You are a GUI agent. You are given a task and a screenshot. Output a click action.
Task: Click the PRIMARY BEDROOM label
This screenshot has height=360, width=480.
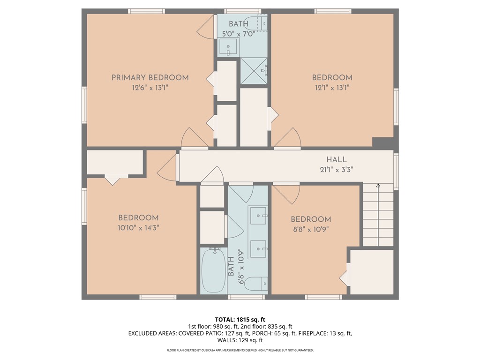(x=150, y=77)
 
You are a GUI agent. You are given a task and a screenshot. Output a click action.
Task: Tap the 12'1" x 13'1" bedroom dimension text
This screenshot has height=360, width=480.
(x=332, y=87)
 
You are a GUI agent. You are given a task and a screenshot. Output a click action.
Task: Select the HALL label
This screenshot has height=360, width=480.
(x=337, y=160)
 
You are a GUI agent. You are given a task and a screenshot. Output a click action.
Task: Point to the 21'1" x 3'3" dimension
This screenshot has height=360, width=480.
(x=337, y=169)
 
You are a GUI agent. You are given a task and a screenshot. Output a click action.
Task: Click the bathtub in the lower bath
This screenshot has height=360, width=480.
(x=214, y=271)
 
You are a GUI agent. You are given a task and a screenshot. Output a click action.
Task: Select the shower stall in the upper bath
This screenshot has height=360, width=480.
(x=254, y=71)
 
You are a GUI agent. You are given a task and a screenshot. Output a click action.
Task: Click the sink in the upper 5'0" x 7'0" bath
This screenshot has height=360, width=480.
(x=229, y=47)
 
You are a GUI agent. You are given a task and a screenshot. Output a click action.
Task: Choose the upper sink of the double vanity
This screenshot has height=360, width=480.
(x=257, y=216)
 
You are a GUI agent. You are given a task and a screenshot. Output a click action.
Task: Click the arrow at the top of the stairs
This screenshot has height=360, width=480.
(x=378, y=187)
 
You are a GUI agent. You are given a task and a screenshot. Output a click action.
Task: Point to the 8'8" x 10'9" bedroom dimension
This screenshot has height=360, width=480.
(x=311, y=229)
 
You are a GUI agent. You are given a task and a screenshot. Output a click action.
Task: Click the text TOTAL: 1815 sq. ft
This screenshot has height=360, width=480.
(x=240, y=319)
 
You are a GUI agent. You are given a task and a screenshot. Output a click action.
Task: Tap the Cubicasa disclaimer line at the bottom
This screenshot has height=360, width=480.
(x=240, y=350)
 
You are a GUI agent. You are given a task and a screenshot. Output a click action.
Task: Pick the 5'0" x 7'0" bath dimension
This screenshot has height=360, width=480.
(x=240, y=33)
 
